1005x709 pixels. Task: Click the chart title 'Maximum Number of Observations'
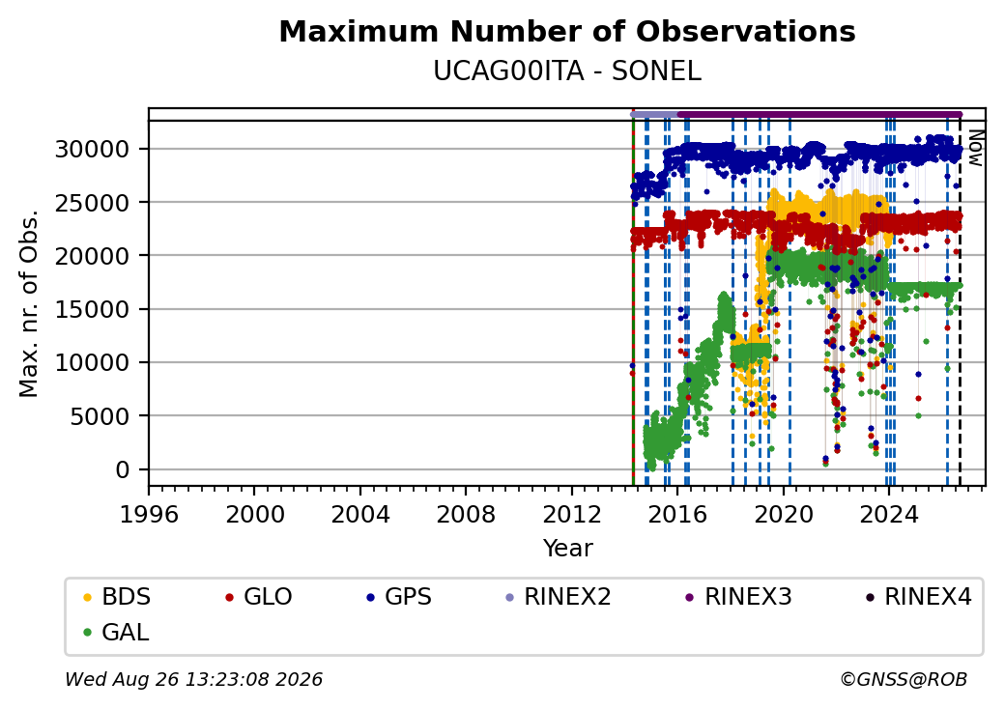567,31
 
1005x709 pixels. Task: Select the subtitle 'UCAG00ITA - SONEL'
567,71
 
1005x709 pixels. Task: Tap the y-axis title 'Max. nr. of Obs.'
29,303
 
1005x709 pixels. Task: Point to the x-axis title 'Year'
568,549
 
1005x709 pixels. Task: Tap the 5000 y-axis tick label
100,416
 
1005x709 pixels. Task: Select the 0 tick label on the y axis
123,470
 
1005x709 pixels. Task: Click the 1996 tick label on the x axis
149,514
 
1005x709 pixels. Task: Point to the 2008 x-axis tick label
466,514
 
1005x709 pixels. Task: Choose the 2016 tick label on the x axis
677,514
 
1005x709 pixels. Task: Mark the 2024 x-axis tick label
889,514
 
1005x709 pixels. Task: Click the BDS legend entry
117,597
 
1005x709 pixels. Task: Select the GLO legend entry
258,597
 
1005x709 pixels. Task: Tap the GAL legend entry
117,632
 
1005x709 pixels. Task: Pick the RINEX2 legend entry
559,597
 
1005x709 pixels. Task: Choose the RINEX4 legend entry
918,597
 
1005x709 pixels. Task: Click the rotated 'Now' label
975,148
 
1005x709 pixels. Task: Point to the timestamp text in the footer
194,679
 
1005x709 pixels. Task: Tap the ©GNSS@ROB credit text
904,679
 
